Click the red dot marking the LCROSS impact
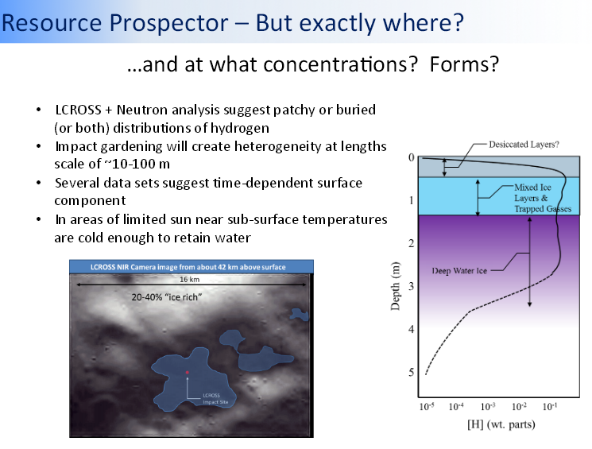coord(188,373)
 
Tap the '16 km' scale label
coord(190,280)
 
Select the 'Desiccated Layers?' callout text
coord(524,145)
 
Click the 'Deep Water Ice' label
coord(459,271)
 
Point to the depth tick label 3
coord(411,286)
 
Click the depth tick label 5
coord(411,373)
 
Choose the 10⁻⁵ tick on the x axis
coord(427,407)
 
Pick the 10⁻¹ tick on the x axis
coord(550,407)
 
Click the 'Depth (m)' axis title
coord(395,286)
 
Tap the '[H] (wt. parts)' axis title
coord(501,424)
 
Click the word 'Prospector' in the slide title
coord(168,23)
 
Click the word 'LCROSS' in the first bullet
coord(79,110)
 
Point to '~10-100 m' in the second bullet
coord(137,164)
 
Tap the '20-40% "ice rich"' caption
coord(167,297)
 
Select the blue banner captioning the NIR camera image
coord(192,267)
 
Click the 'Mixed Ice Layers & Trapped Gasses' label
coord(543,198)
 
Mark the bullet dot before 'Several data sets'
coord(38,183)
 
